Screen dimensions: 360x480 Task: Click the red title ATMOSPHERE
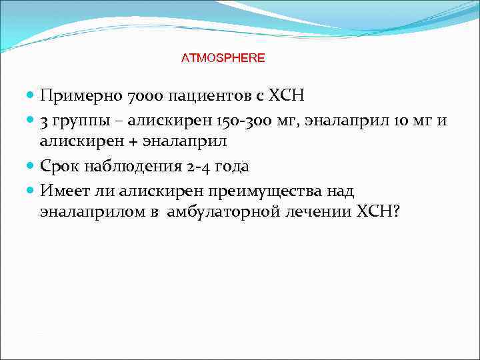click(x=223, y=58)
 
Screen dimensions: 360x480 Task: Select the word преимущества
click(x=267, y=191)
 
